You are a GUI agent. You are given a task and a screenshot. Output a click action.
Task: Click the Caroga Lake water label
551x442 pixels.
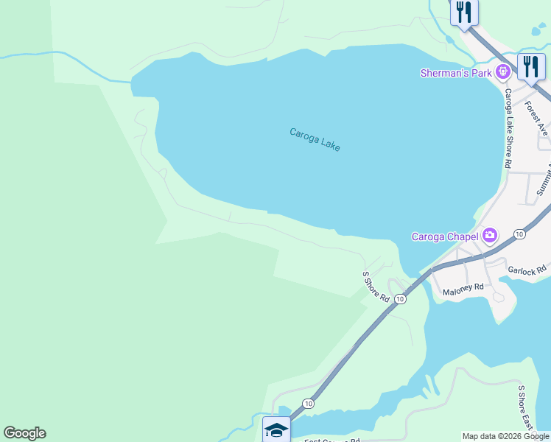click(x=315, y=139)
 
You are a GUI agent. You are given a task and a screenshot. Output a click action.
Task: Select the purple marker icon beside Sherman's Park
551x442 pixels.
click(x=503, y=72)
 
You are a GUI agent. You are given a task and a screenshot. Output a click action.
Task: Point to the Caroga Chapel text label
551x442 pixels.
click(x=444, y=236)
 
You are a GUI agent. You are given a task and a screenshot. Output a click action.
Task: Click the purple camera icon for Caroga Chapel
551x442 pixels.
click(x=490, y=236)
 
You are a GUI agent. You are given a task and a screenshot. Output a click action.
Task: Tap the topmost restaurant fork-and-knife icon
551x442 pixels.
click(x=464, y=13)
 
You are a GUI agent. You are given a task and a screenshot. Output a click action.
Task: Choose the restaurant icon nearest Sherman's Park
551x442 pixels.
click(x=530, y=66)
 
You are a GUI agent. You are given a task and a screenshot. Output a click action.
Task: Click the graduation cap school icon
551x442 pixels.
click(x=276, y=429)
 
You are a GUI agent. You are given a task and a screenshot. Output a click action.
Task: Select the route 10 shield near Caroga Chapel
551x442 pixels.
click(x=519, y=234)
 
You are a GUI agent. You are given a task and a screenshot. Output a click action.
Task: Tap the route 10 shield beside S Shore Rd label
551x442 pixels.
click(x=399, y=299)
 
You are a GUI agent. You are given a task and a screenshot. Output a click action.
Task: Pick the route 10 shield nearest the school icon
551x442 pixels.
click(x=308, y=404)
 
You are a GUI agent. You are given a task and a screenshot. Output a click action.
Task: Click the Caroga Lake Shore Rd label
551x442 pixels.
click(x=508, y=129)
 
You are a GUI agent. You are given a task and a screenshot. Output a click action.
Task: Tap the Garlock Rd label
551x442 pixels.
click(x=529, y=270)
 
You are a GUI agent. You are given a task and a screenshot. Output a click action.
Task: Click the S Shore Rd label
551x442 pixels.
click(x=375, y=287)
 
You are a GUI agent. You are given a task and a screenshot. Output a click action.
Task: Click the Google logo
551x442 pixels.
click(x=24, y=433)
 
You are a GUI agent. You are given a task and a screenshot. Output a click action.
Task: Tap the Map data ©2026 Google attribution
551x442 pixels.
click(x=505, y=437)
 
